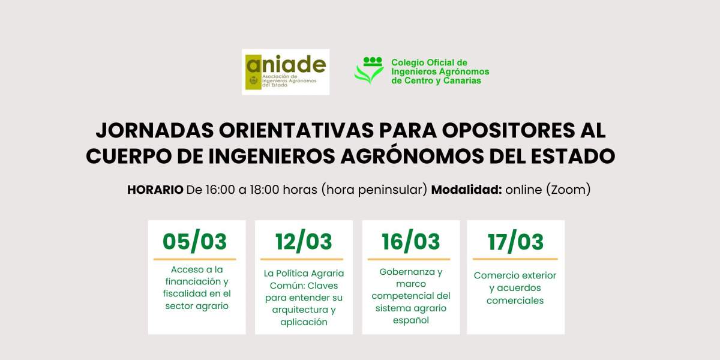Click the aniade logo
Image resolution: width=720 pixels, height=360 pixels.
coord(286,72)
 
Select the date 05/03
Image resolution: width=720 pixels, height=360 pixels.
coord(195,241)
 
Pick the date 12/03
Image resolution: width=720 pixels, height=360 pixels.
coord(304,241)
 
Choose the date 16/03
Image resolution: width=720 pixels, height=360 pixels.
coord(411,241)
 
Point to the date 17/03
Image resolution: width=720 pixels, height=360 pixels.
coord(515,241)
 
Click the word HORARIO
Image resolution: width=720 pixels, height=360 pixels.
coord(155,190)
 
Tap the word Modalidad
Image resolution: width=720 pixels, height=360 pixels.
coord(467,190)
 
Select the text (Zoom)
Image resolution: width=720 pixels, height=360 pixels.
coord(568,190)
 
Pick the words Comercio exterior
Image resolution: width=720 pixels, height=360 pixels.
coord(515,275)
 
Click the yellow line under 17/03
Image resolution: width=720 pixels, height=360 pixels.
coord(515,259)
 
